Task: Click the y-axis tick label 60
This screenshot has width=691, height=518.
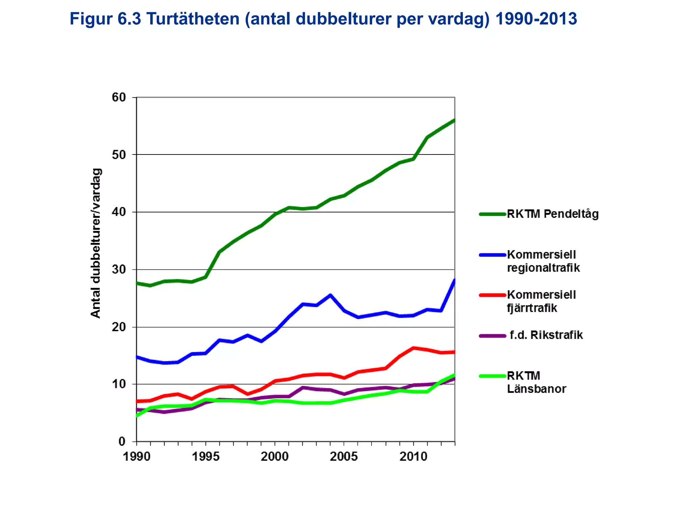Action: (118, 97)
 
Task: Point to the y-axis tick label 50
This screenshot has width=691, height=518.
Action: (118, 155)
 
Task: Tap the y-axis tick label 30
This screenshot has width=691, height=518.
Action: (118, 269)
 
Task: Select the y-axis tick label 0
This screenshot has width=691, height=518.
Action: (122, 441)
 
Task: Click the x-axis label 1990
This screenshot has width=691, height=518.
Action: (136, 457)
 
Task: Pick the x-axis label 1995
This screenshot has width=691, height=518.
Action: (205, 457)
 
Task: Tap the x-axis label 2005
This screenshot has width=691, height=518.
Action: (343, 457)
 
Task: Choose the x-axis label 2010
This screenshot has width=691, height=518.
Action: (413, 457)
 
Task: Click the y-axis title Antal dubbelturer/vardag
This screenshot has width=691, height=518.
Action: (96, 243)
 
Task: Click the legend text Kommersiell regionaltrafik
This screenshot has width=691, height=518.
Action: (543, 261)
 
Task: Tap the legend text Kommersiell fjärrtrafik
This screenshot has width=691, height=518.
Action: (541, 301)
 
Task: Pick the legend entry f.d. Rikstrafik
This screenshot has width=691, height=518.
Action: (546, 335)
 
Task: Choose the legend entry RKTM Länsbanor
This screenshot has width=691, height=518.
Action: (536, 382)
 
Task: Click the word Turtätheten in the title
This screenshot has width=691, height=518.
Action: (193, 19)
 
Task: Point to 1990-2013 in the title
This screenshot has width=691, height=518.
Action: (536, 19)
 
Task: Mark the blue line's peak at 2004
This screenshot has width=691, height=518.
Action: (330, 295)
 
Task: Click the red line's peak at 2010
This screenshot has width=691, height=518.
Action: (413, 348)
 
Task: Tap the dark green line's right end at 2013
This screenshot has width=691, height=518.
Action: (454, 120)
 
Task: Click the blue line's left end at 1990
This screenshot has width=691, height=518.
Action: (137, 357)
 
